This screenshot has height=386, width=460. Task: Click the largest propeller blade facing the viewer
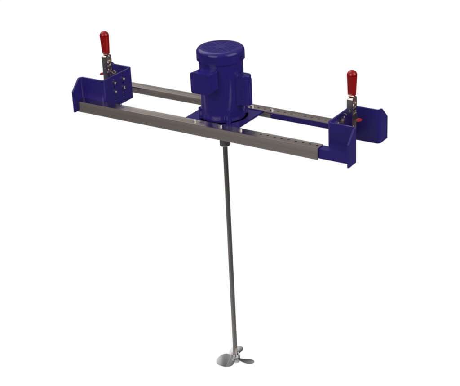click(x=226, y=359)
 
